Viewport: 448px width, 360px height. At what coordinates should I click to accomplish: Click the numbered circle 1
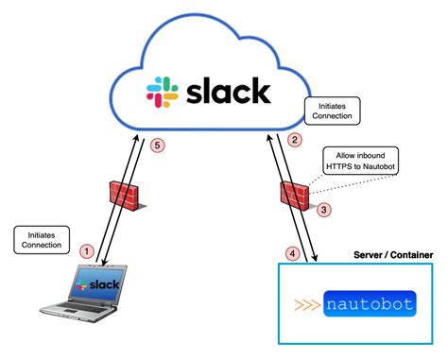[x=87, y=251]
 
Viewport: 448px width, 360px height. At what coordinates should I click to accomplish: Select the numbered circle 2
[x=294, y=141]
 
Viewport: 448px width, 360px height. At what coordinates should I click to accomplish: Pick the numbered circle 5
[x=158, y=146]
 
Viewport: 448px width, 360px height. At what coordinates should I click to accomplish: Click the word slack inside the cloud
[x=228, y=91]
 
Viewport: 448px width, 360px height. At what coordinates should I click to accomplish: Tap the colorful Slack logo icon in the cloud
[x=163, y=92]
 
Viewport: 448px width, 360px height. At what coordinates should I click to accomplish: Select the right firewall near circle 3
[x=293, y=195]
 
